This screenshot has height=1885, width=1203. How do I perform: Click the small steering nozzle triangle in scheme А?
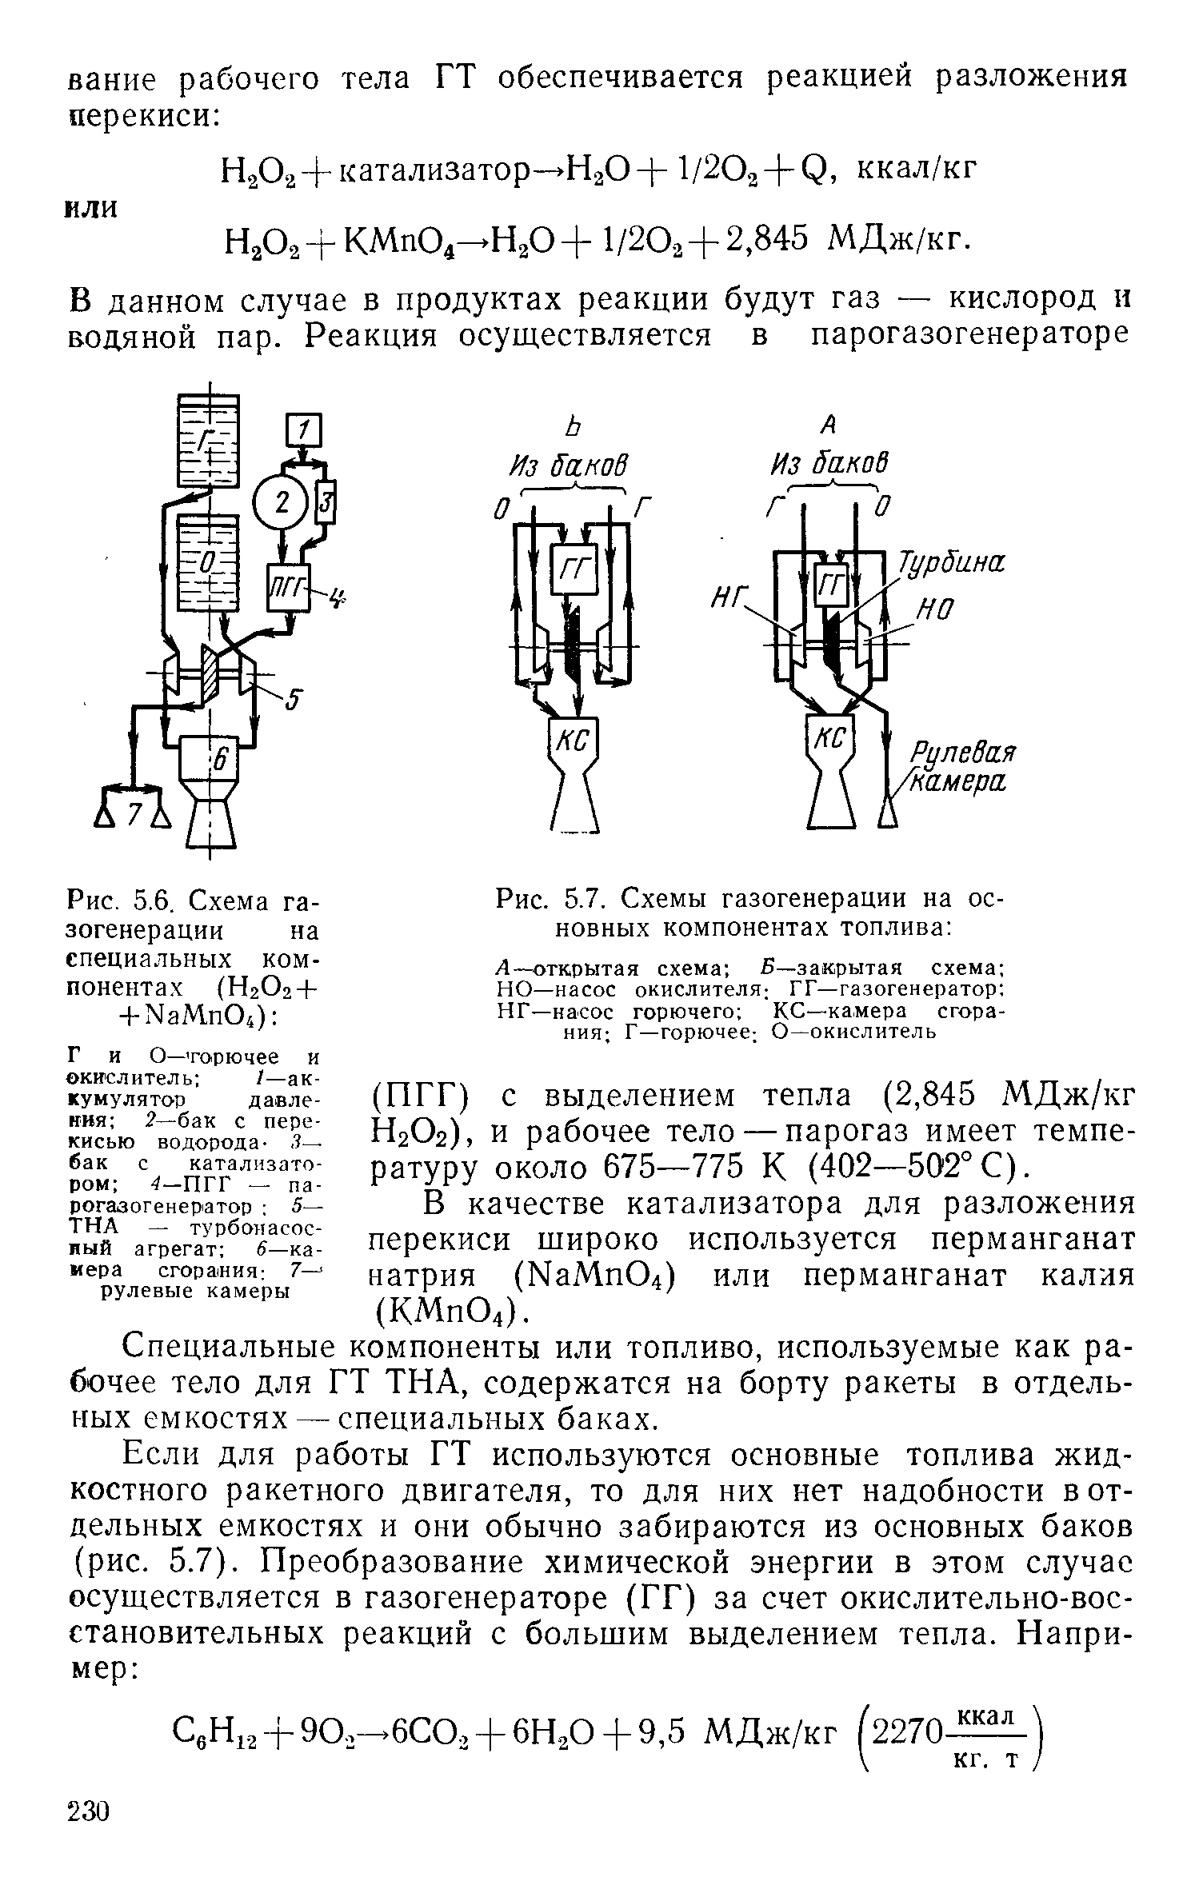click(887, 815)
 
